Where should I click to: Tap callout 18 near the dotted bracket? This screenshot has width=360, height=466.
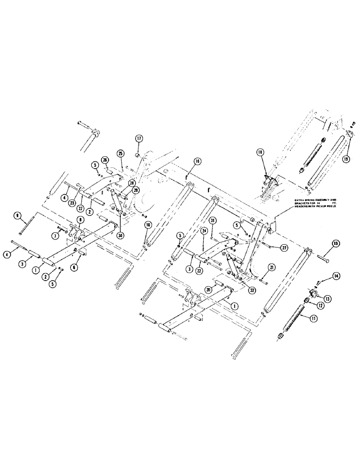(260, 152)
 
